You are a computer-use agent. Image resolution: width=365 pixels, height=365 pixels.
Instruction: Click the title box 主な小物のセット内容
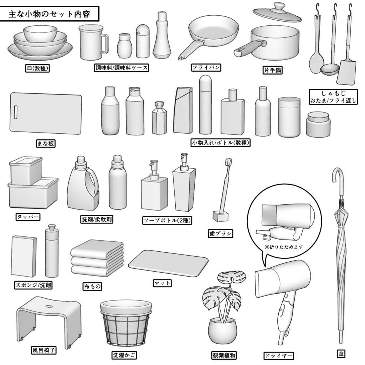click(x=49, y=14)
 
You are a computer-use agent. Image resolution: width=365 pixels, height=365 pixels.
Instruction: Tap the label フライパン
click(x=206, y=67)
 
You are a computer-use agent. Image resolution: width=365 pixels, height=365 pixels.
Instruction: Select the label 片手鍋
click(x=273, y=70)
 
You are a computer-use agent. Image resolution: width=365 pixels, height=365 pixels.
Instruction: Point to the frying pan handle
click(x=191, y=50)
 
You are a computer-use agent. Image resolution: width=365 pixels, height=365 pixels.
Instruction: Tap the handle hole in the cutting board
click(x=16, y=112)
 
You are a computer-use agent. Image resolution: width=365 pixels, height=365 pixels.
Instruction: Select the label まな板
click(x=46, y=143)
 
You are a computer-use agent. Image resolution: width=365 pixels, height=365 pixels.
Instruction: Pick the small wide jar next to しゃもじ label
click(x=318, y=124)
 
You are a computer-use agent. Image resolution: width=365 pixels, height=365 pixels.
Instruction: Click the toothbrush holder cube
click(x=220, y=216)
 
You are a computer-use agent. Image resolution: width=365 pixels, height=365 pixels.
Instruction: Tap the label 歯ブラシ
click(x=220, y=233)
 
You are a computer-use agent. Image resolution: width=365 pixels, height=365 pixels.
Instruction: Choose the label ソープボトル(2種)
click(x=167, y=220)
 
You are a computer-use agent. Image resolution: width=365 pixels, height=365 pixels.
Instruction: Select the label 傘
click(x=341, y=354)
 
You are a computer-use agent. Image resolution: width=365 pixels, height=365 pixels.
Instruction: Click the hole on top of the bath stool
click(x=49, y=306)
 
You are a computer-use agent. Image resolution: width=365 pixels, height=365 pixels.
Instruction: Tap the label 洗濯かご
click(x=124, y=355)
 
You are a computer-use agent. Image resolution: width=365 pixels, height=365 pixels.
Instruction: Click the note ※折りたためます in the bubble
click(x=284, y=247)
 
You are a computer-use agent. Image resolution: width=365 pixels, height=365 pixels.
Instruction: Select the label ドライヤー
click(x=278, y=355)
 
